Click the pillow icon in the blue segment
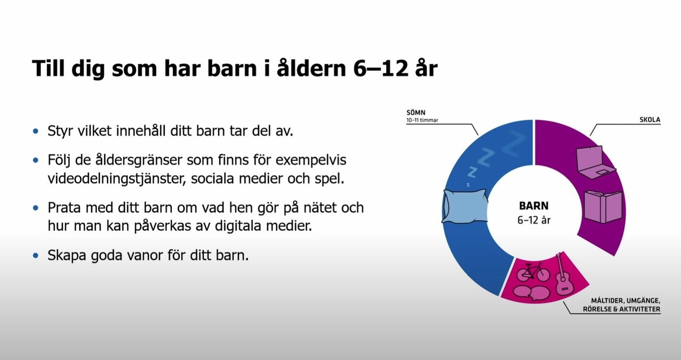click(465, 206)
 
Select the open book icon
click(602, 206)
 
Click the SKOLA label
click(650, 120)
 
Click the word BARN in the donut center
click(533, 206)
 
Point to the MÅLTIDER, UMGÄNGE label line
click(626, 300)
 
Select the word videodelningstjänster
click(114, 179)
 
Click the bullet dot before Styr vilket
click(36, 131)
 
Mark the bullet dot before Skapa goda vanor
click(36, 255)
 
